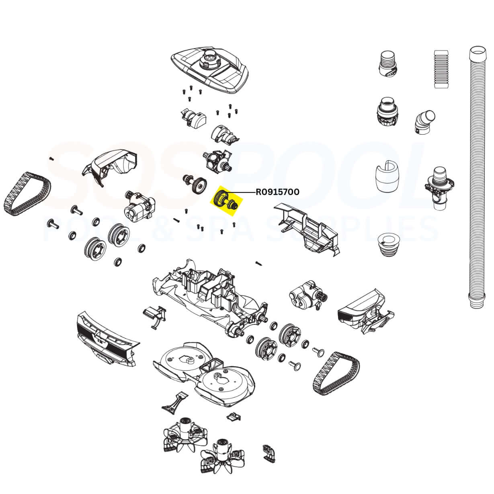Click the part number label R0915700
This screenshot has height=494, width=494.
[277, 192]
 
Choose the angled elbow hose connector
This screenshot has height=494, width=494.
[424, 121]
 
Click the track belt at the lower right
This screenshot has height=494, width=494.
[336, 372]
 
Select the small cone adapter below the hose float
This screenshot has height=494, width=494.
[388, 246]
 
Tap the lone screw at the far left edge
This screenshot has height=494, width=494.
[51, 159]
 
